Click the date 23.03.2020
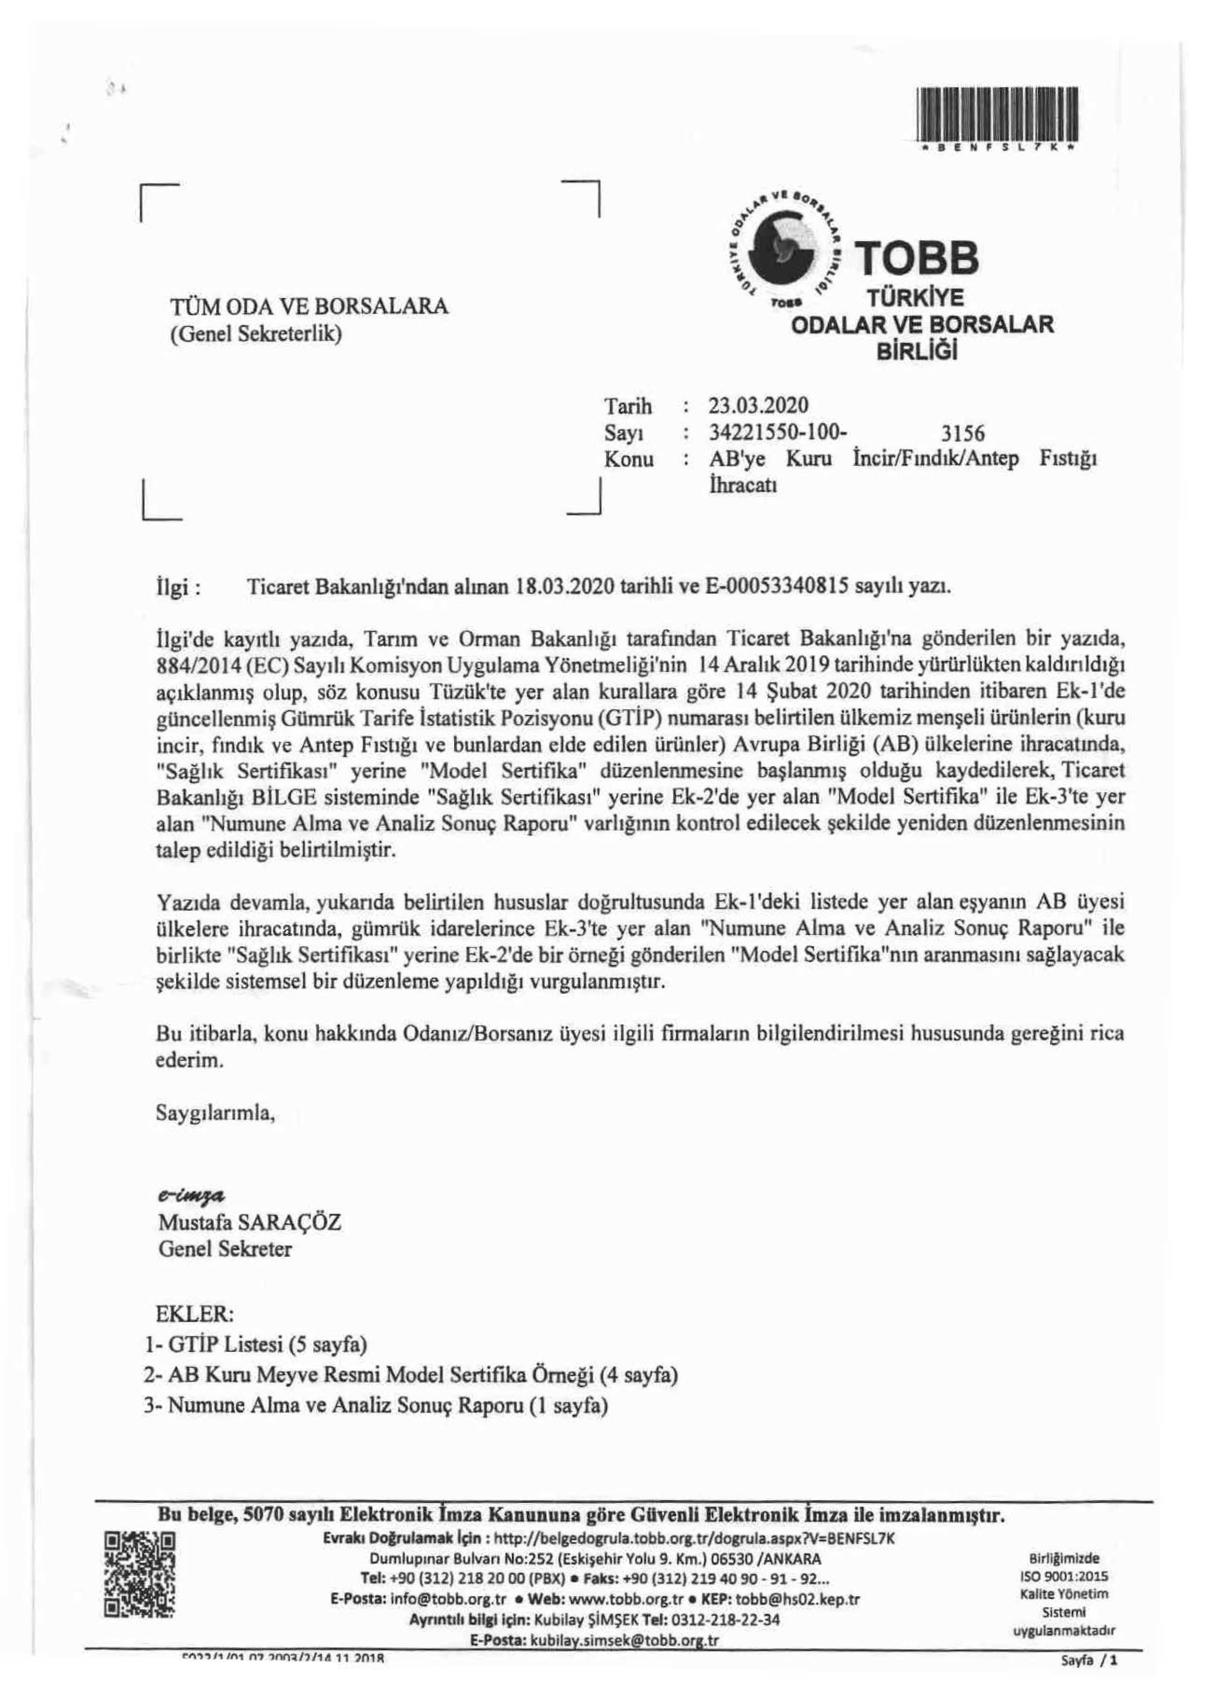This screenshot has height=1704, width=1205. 758,406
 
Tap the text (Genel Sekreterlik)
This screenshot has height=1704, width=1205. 256,334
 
